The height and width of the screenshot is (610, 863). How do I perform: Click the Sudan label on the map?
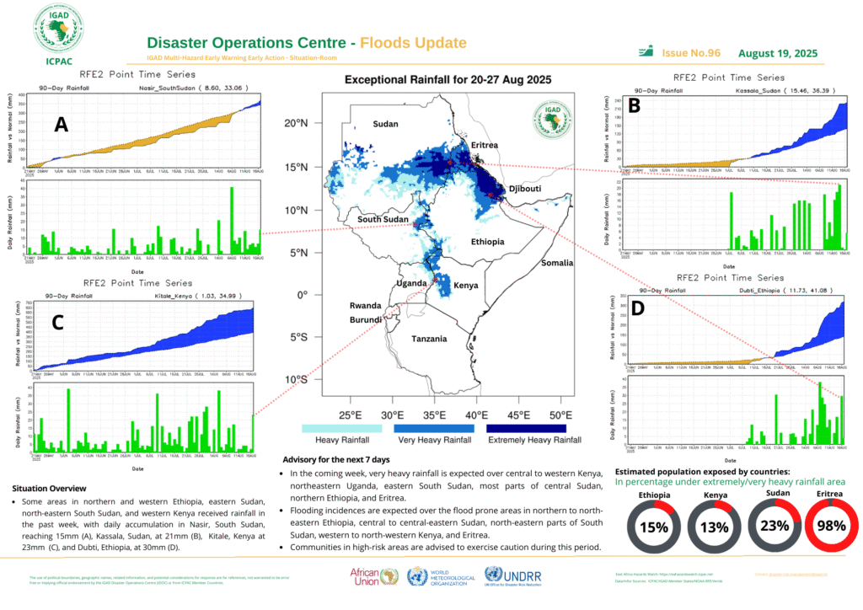[x=385, y=125]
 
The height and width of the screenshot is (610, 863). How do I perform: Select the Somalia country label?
[x=557, y=263]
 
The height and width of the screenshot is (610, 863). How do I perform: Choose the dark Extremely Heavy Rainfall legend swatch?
[x=533, y=428]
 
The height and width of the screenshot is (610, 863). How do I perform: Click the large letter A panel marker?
[x=61, y=125]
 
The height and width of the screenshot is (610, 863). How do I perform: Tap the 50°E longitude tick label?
[x=560, y=415]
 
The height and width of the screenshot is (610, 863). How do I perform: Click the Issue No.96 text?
[x=691, y=53]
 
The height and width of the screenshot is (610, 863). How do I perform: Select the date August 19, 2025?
[x=778, y=53]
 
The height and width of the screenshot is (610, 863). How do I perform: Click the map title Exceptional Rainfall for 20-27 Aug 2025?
[x=448, y=80]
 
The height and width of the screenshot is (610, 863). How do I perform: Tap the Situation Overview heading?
[x=49, y=489]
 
